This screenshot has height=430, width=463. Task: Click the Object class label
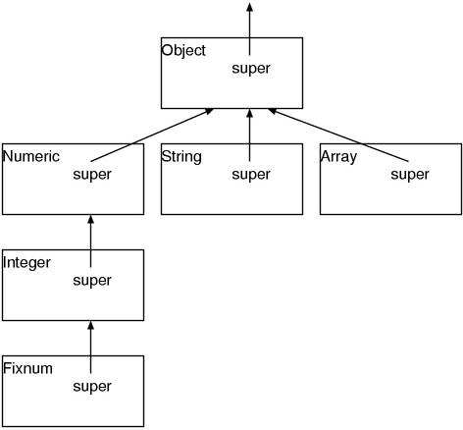pos(183,50)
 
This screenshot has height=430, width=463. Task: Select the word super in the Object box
pos(250,69)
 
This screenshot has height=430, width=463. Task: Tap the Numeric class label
pos(31,156)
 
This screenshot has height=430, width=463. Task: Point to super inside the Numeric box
pos(92,175)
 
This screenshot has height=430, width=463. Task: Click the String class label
pos(181,156)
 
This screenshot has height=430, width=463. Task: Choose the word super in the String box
pos(250,175)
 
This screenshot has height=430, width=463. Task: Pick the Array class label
pos(338,156)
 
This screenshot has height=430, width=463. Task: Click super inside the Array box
pos(410,175)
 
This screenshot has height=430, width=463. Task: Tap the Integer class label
pos(27,262)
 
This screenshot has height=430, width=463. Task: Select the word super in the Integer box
pos(92,281)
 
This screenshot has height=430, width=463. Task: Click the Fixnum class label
pos(27,368)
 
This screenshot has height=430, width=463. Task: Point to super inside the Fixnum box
pos(92,387)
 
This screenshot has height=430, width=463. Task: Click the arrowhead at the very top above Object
pos(249,7)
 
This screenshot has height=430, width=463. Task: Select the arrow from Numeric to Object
pos(152,134)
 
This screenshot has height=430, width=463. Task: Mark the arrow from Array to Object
pos(338,134)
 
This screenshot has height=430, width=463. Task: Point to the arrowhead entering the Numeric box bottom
pos(90,220)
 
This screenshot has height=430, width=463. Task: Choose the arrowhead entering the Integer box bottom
pos(90,326)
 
